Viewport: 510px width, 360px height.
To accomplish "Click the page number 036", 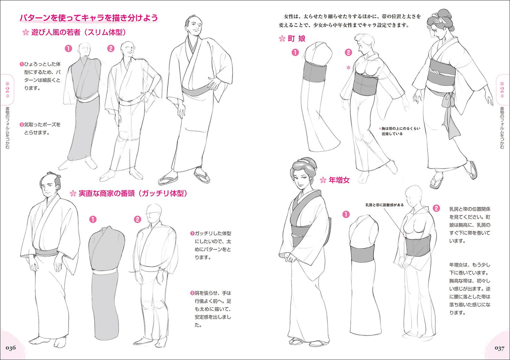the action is tap(11, 348).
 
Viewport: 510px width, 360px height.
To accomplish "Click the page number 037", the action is tap(499, 348).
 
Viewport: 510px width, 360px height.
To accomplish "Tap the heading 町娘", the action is tap(296, 38).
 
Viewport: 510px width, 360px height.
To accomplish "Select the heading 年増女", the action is tap(339, 180).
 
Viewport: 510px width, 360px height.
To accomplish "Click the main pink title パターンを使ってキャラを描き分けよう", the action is tap(89, 18).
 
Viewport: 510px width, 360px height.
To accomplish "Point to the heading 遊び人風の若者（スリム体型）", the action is tap(79, 32).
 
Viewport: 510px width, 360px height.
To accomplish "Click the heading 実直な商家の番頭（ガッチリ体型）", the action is tap(133, 193).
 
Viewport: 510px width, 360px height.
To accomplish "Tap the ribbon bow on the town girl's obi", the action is tap(448, 100).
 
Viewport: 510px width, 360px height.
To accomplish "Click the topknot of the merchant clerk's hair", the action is tap(57, 176).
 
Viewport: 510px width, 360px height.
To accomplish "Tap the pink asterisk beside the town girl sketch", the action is tap(348, 67).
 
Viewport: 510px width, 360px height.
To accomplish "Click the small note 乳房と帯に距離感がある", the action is tap(385, 205).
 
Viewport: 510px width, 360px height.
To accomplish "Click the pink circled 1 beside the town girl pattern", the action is tap(295, 53).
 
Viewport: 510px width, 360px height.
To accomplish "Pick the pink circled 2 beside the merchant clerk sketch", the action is tap(138, 220).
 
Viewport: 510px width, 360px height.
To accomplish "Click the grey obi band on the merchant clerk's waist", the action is tap(46, 252).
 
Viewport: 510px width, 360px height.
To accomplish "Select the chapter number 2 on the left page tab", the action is tap(7, 90).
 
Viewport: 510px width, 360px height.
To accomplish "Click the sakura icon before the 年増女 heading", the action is tap(323, 180).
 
